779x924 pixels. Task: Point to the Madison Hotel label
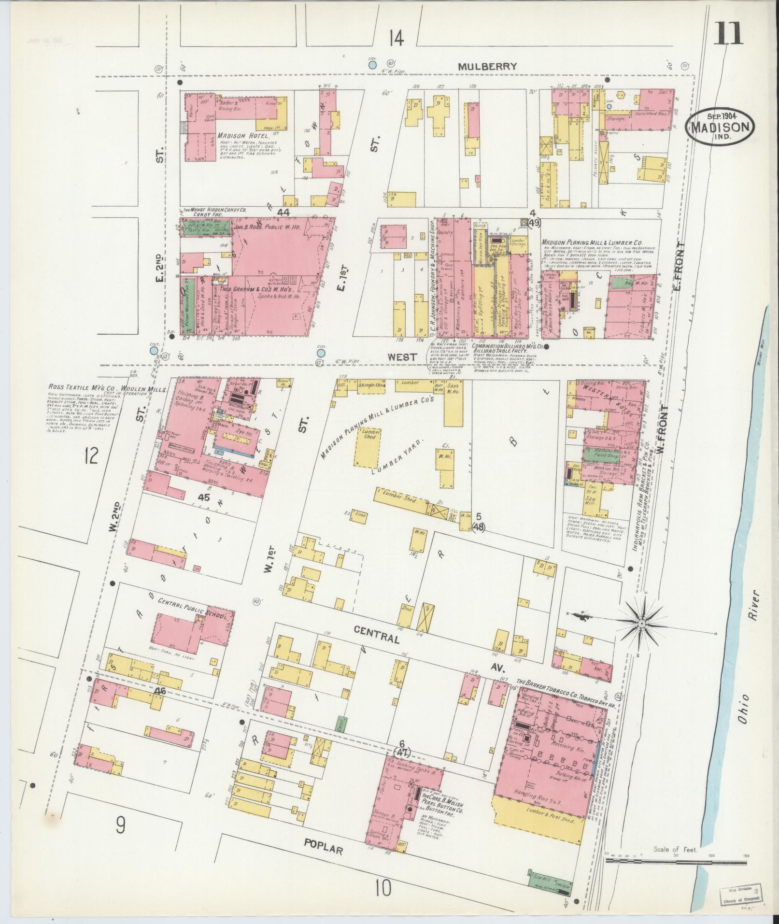[242, 136]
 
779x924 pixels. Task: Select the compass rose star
[642, 625]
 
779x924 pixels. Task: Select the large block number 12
[91, 455]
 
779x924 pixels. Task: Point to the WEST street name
[402, 357]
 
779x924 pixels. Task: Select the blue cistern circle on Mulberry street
[372, 64]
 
